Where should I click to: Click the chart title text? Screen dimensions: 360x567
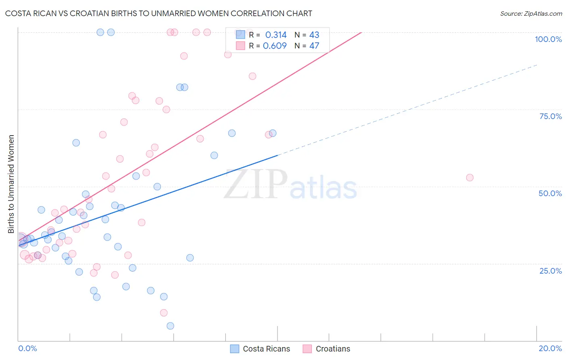point(158,13)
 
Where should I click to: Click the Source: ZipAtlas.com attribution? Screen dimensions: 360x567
point(531,13)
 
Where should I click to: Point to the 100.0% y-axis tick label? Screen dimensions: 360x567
point(548,39)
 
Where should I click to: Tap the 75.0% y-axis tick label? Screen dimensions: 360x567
point(550,116)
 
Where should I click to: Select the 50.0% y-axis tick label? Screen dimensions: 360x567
point(550,193)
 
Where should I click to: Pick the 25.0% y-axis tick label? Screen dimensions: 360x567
point(550,271)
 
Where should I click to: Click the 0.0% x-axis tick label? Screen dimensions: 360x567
point(27,348)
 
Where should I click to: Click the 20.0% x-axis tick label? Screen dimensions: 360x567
point(550,348)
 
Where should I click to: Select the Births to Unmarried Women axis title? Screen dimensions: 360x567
point(11,184)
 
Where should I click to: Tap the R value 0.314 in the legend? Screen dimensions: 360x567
point(276,35)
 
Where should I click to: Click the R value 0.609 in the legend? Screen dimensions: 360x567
point(275,46)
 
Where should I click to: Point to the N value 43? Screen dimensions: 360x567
point(314,35)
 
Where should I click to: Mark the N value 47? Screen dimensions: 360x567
point(314,46)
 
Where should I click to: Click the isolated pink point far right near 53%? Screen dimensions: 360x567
point(469,178)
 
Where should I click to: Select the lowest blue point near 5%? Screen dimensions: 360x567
point(170,326)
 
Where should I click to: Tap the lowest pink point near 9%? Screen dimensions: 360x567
point(164,313)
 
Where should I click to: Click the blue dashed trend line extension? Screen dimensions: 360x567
point(407,110)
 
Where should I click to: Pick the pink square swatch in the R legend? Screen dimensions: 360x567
point(240,46)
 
